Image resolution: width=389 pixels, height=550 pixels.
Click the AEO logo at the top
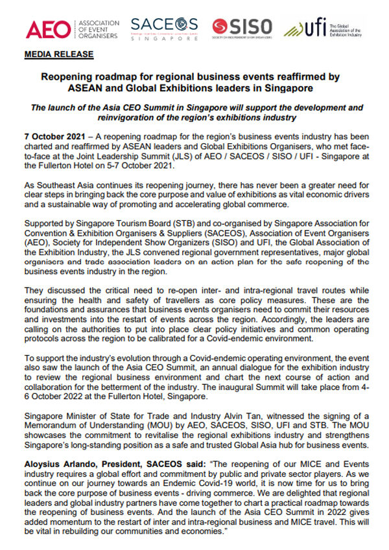click(x=71, y=29)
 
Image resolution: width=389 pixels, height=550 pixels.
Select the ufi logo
click(x=324, y=28)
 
